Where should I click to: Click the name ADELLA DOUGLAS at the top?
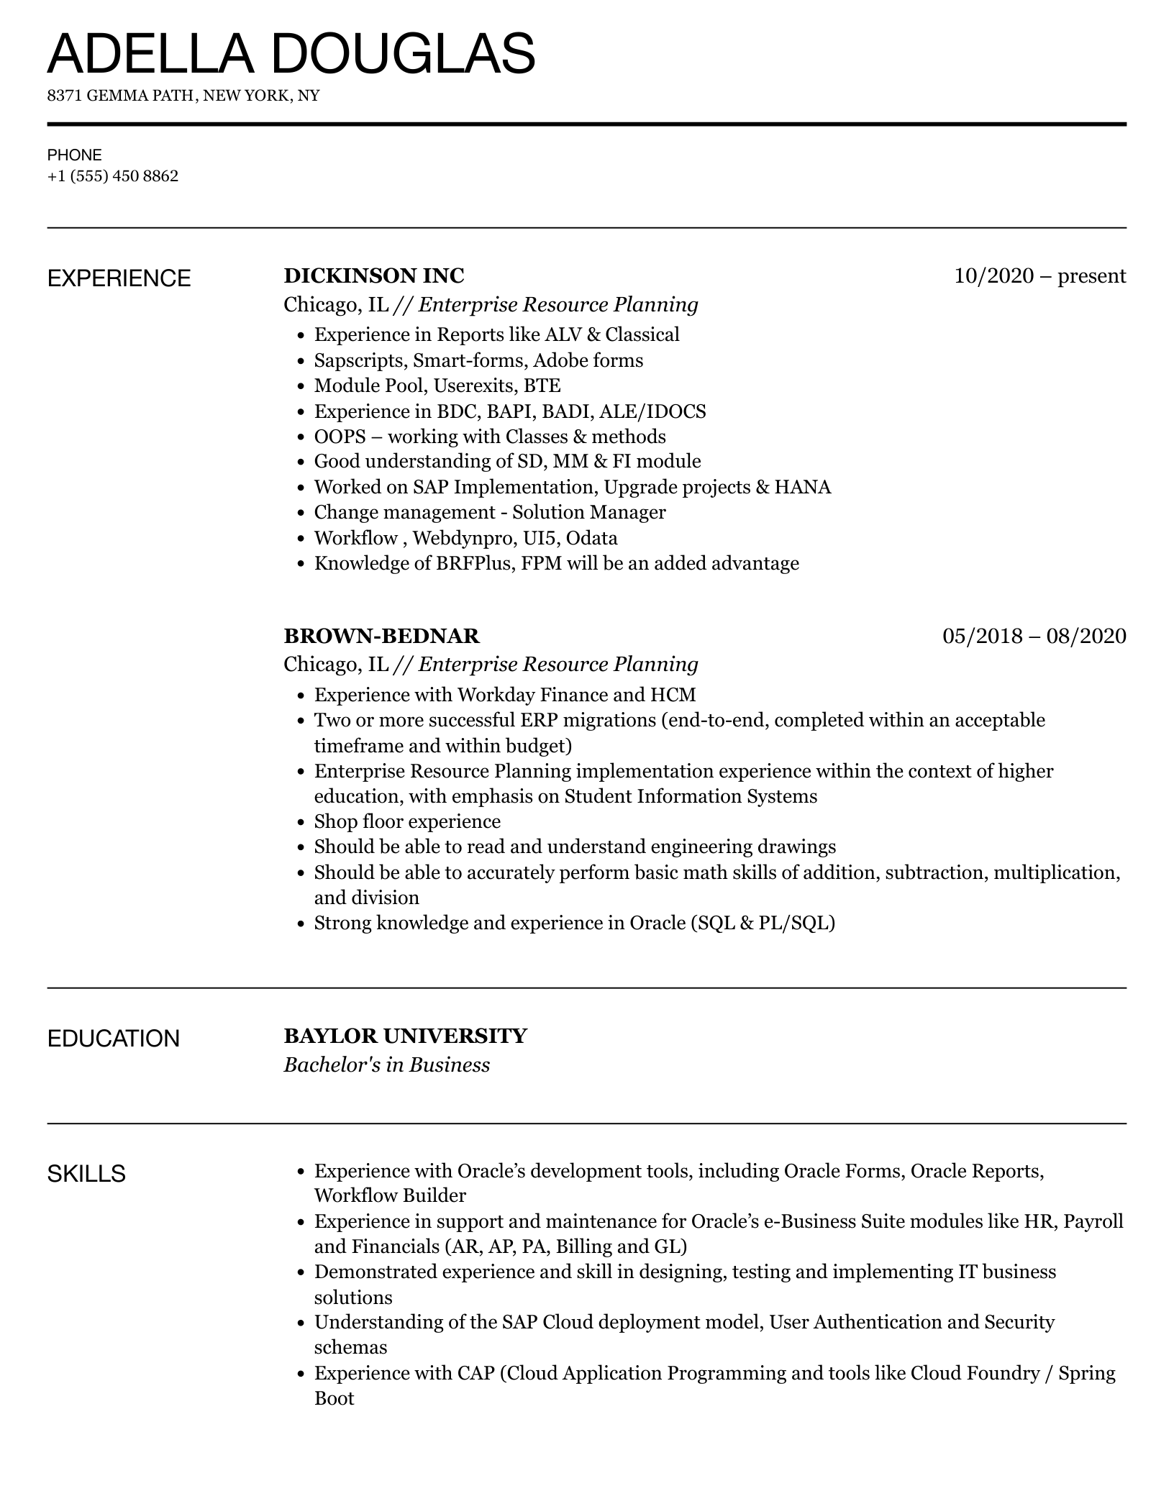coord(291,54)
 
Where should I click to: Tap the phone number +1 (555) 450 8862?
coord(113,176)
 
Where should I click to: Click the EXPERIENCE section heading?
coord(119,278)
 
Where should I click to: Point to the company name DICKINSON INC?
coord(374,276)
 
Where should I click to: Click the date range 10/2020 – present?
coord(1039,276)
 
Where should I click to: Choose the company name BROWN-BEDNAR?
coord(381,636)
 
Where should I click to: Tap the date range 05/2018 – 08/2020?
coord(1034,636)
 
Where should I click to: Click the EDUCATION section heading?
coord(114,1039)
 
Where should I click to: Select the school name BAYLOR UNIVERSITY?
coord(405,1036)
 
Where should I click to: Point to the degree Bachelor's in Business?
coord(386,1065)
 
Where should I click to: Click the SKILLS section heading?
coord(86,1174)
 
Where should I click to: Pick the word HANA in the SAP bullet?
coord(802,488)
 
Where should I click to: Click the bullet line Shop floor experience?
coord(407,822)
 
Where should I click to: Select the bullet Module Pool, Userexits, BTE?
coord(437,386)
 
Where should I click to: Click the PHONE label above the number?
coord(75,155)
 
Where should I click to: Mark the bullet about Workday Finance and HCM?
coord(505,695)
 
